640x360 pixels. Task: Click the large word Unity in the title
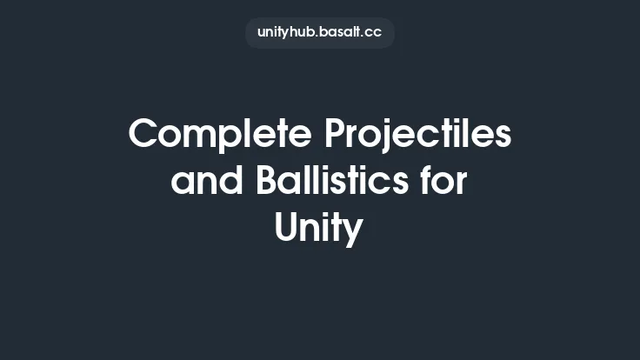319,230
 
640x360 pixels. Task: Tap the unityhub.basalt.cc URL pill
320,33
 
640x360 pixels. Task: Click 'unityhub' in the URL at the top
283,33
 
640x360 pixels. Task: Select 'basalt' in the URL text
337,33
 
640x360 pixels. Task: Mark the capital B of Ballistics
268,183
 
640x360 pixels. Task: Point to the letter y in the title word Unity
353,233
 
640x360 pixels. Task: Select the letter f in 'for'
423,183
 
